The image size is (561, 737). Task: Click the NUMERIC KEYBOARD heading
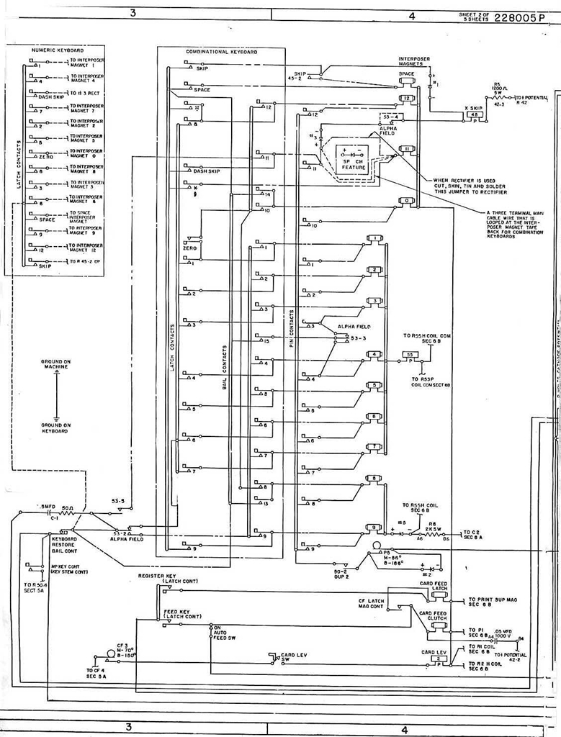coord(58,50)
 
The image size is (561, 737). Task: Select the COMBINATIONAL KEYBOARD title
coord(221,52)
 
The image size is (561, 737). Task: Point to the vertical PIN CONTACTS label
coord(291,330)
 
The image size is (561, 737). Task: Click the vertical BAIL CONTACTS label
coord(225,367)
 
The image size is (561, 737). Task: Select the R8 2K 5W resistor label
coord(432,528)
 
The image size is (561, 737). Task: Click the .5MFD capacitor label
coord(45,507)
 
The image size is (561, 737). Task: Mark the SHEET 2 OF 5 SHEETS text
coord(474,17)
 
